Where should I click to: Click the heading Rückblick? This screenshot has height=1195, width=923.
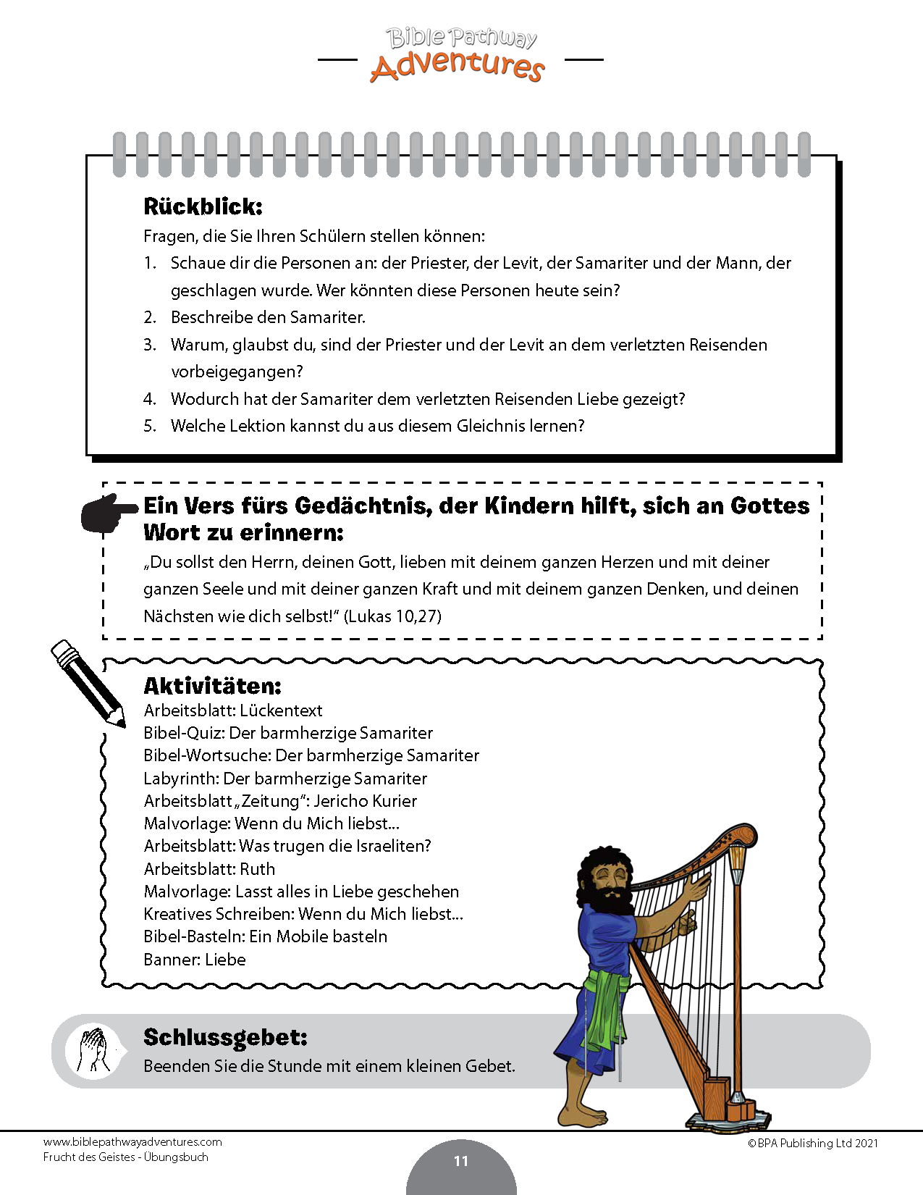pyautogui.click(x=203, y=206)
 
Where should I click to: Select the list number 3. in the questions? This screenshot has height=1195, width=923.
pyautogui.click(x=150, y=345)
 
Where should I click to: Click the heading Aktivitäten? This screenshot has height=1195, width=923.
pyautogui.click(x=212, y=685)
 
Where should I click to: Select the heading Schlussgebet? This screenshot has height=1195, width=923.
pyautogui.click(x=225, y=1037)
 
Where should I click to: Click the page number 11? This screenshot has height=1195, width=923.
pyautogui.click(x=461, y=1161)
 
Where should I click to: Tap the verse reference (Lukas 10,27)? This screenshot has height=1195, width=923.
pyautogui.click(x=392, y=616)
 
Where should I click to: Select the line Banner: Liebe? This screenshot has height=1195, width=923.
pyautogui.click(x=195, y=960)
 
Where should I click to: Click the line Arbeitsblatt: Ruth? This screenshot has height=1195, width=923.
pyautogui.click(x=209, y=869)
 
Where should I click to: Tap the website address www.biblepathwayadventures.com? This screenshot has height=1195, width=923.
pyautogui.click(x=132, y=1142)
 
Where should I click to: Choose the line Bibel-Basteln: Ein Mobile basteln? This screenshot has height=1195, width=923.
pyautogui.click(x=266, y=936)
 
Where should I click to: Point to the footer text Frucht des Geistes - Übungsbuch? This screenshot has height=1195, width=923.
pyautogui.click(x=125, y=1157)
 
